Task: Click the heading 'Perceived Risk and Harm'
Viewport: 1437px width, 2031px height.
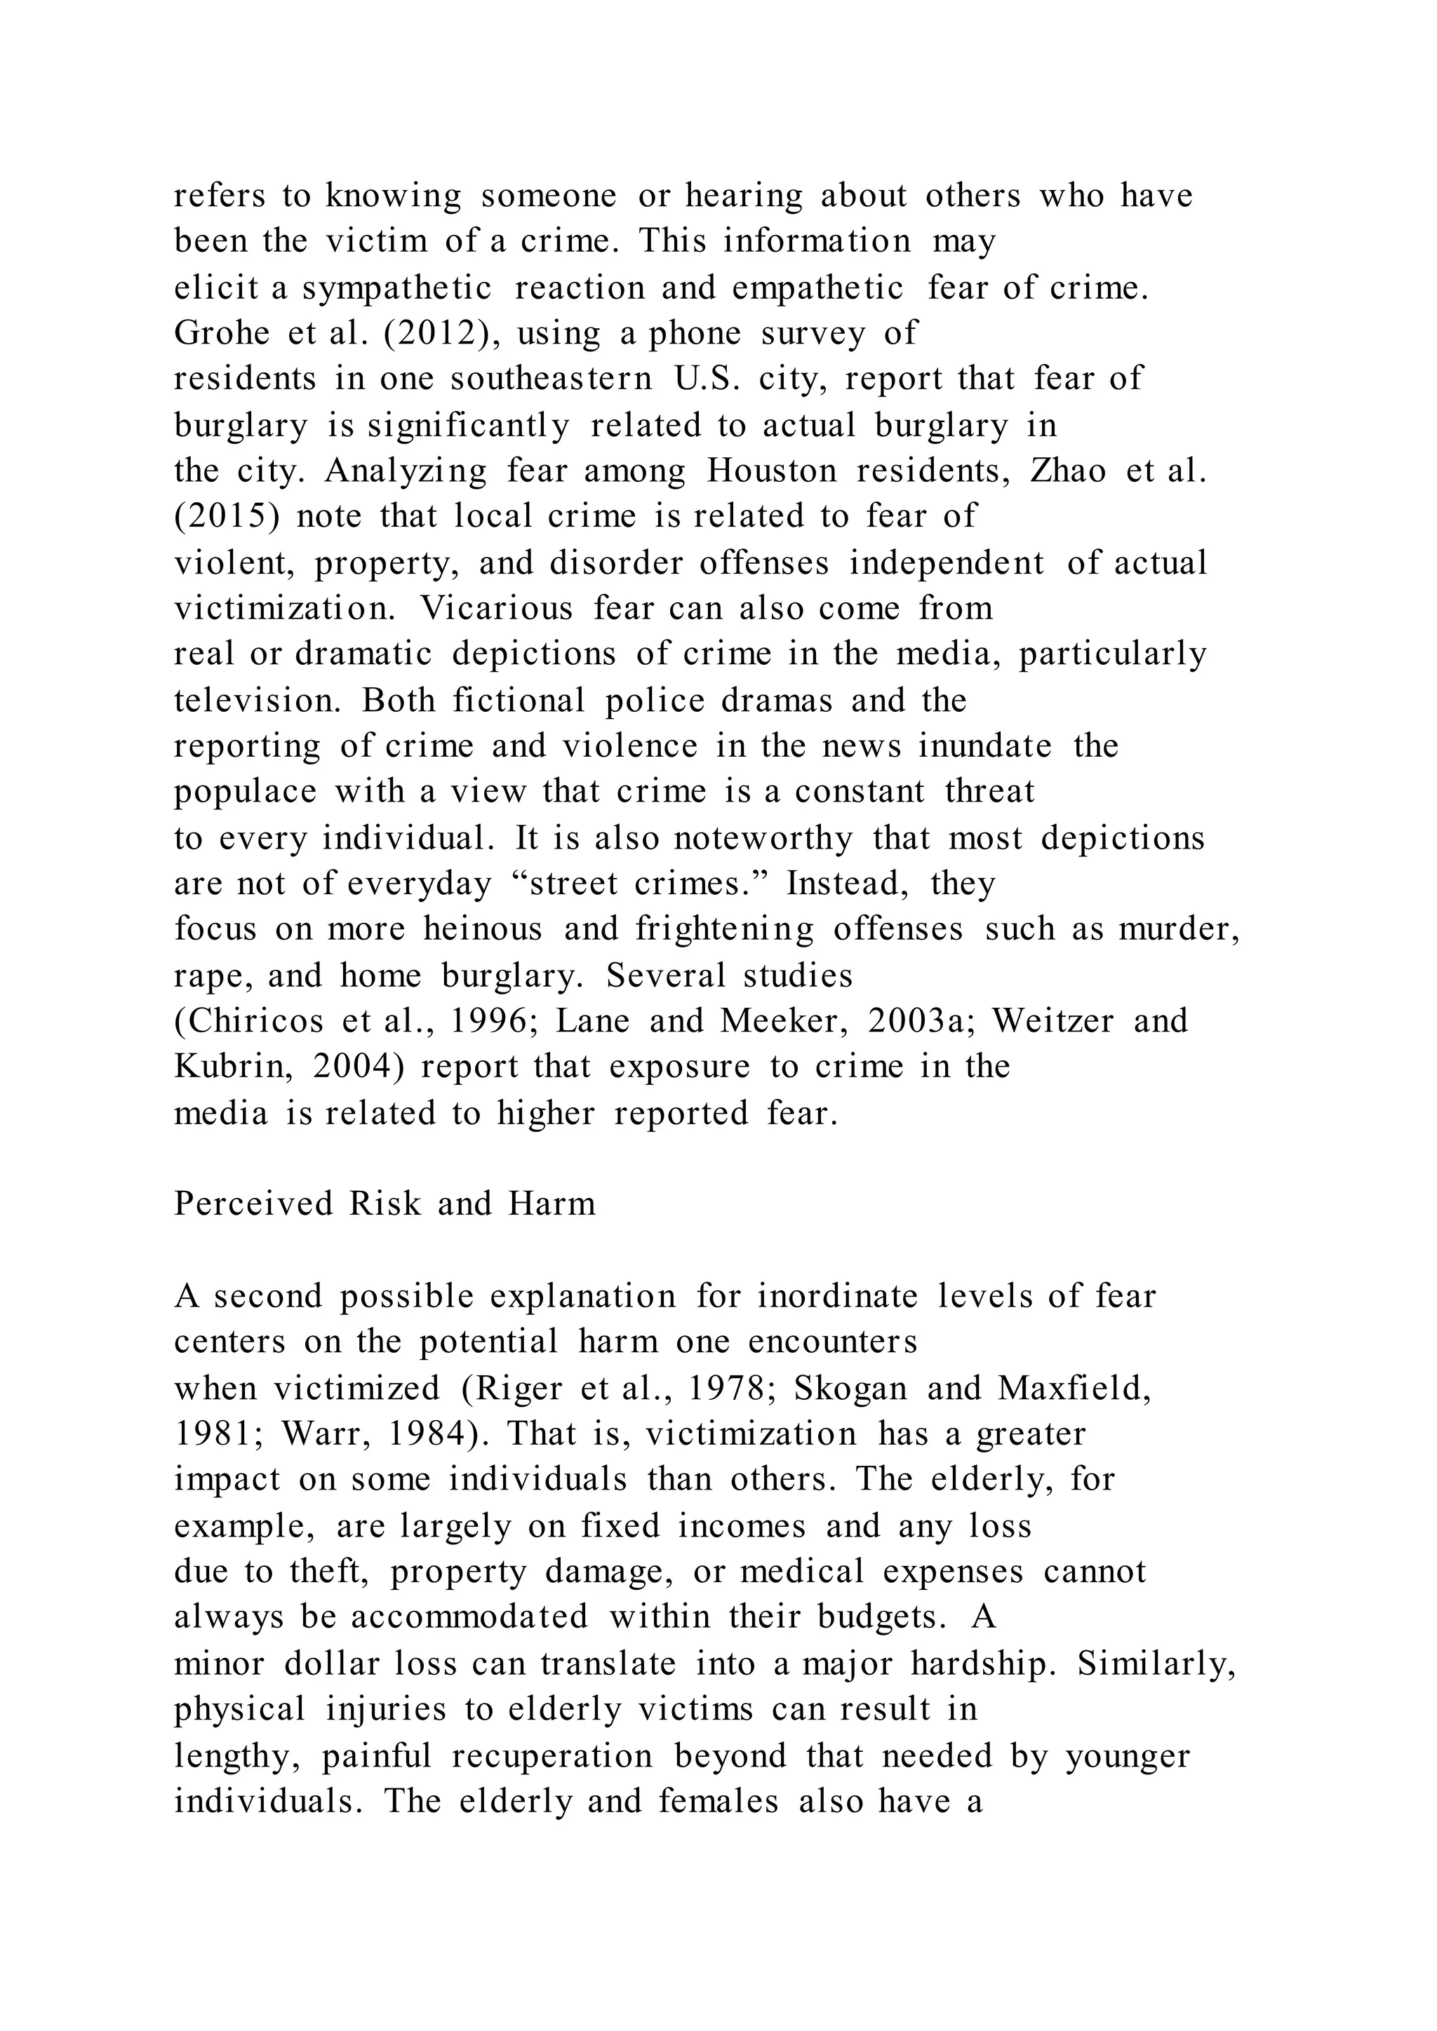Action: tap(385, 1204)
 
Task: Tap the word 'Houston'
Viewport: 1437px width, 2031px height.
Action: tap(772, 471)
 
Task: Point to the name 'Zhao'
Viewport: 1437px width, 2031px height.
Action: tap(1068, 471)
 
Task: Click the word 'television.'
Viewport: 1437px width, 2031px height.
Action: tap(258, 701)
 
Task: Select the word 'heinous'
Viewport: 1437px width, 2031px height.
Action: tap(482, 929)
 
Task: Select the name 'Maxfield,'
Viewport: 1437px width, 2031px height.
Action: tap(1075, 1389)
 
